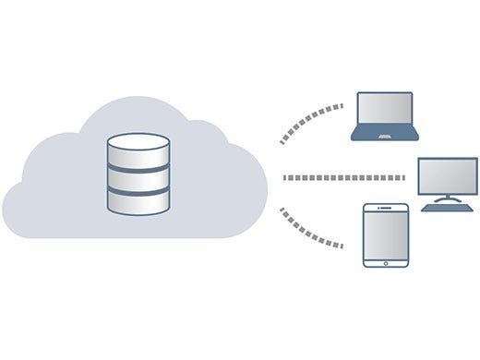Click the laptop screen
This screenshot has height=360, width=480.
tap(385, 113)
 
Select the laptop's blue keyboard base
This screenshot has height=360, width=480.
tap(385, 137)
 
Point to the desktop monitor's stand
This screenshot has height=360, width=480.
tap(448, 198)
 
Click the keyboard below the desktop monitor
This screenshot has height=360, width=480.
tap(448, 208)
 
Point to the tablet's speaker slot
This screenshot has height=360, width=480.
tap(386, 209)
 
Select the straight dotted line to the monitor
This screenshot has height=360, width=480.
tap(346, 177)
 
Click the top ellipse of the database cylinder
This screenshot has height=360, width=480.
tap(138, 143)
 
